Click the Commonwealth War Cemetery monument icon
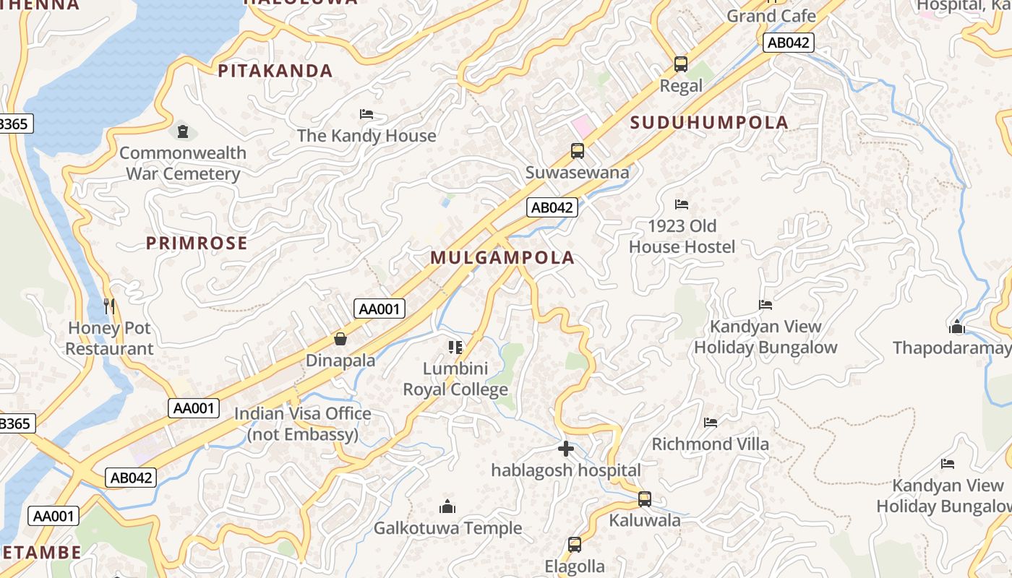[x=183, y=131]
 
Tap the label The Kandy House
[x=366, y=136]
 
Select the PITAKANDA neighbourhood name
[x=275, y=71]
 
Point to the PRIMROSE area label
[x=197, y=243]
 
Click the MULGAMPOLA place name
[x=502, y=258]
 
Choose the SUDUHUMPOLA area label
[x=708, y=123]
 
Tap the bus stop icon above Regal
[x=681, y=64]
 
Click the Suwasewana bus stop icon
[x=577, y=151]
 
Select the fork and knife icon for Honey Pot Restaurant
[x=109, y=306]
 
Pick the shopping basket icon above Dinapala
[x=340, y=339]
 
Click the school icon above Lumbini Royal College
[x=455, y=348]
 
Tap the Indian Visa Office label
[x=302, y=424]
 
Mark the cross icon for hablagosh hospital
[x=566, y=449]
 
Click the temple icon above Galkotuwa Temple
[x=447, y=506]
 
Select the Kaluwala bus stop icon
[x=644, y=499]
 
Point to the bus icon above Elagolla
[x=575, y=545]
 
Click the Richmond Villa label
[x=711, y=444]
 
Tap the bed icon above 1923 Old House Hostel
[x=682, y=204]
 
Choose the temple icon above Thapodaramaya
[x=957, y=327]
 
